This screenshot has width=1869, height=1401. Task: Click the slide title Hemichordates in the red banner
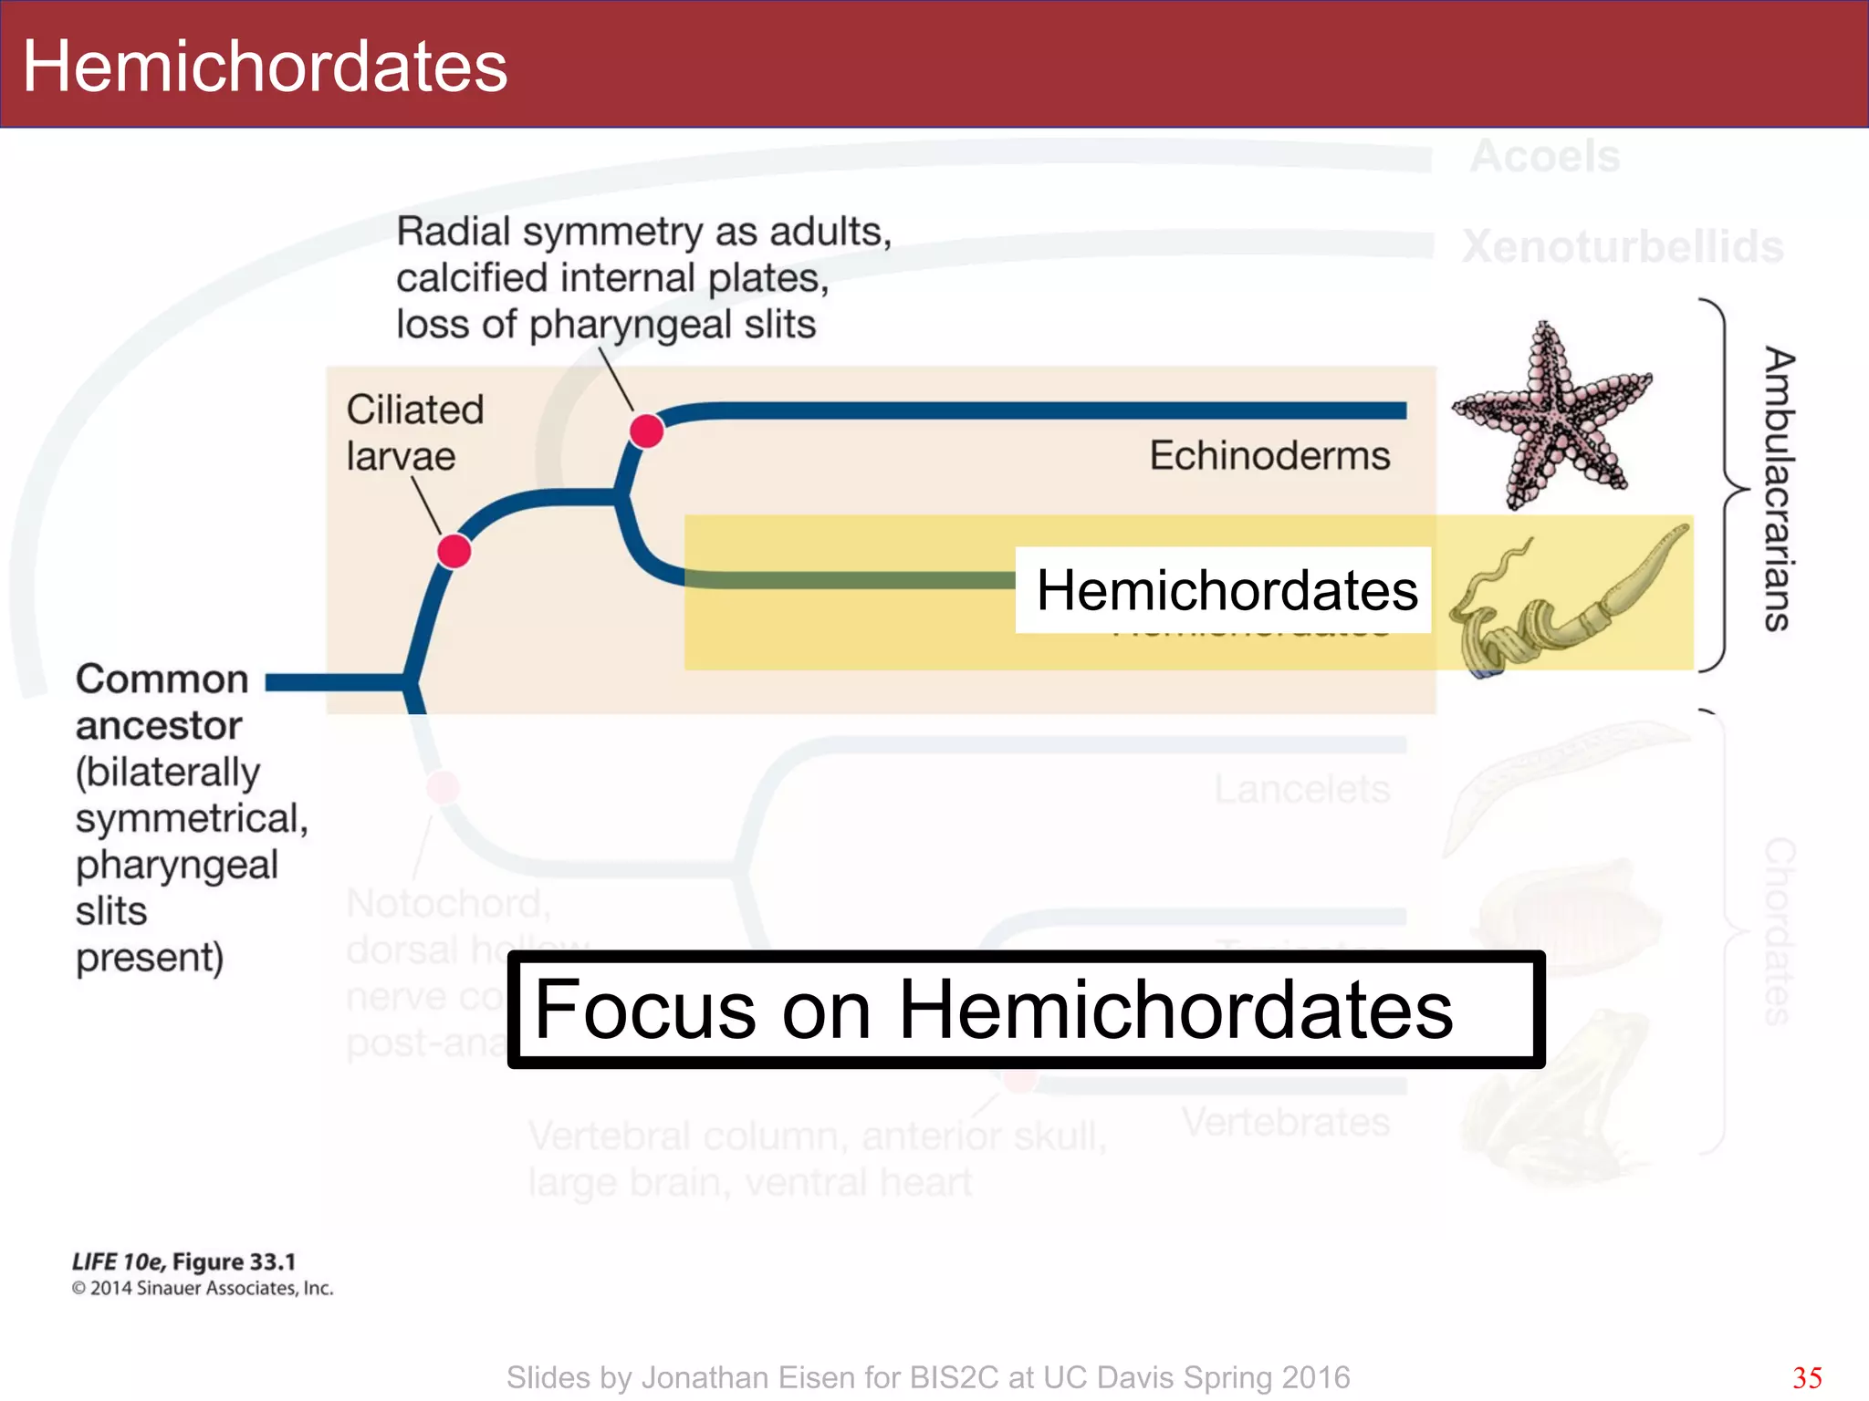[x=265, y=67]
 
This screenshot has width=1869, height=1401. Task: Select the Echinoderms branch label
[x=1269, y=455]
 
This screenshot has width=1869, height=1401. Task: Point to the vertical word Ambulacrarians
[x=1778, y=488]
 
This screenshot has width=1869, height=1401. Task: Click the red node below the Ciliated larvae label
[x=454, y=551]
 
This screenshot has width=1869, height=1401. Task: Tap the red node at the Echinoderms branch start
[x=646, y=430]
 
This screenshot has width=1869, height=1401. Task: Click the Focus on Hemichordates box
[x=1025, y=1009]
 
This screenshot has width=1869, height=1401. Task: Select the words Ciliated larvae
[x=414, y=432]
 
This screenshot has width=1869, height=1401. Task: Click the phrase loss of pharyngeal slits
[x=605, y=324]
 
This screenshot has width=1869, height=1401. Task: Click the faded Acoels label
[x=1544, y=156]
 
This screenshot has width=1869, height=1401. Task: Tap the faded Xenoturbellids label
[x=1622, y=246]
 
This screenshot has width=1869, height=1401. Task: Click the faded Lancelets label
[x=1301, y=789]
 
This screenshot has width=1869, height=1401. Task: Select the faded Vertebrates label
[x=1285, y=1121]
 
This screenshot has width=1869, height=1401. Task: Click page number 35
[x=1807, y=1377]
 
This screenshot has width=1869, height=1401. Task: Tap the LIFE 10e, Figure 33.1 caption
[x=184, y=1261]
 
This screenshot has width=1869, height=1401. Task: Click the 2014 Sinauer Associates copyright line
[x=203, y=1288]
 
